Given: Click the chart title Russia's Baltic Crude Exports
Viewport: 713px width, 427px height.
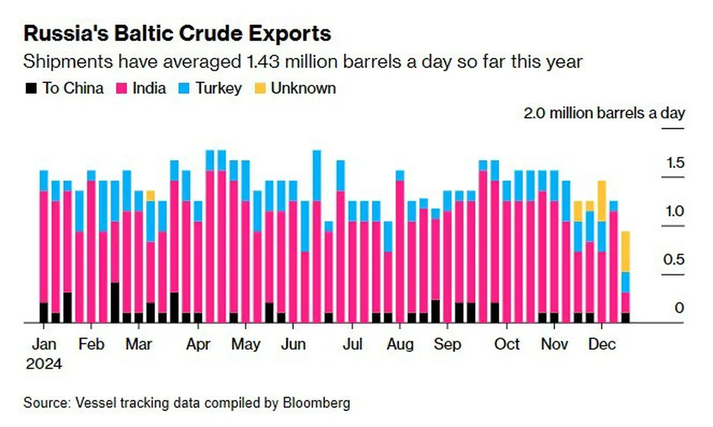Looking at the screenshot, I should pyautogui.click(x=177, y=34).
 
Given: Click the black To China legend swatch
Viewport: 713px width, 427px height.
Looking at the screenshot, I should pyautogui.click(x=31, y=89).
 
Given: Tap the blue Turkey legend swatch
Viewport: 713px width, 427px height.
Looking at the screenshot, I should pyautogui.click(x=184, y=89).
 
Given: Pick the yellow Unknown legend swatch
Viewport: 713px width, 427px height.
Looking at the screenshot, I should pyautogui.click(x=260, y=89).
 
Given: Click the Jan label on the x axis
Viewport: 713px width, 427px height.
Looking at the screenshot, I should pyautogui.click(x=44, y=344).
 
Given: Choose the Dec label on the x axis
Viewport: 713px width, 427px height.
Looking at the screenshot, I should pyautogui.click(x=601, y=344).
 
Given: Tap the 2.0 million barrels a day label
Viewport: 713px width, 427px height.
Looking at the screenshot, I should pyautogui.click(x=604, y=113).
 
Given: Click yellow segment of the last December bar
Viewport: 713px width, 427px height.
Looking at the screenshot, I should pyautogui.click(x=625, y=251).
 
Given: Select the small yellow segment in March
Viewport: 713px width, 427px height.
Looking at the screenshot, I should pyautogui.click(x=150, y=196).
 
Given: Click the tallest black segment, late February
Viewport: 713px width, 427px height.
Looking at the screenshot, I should pyautogui.click(x=115, y=302).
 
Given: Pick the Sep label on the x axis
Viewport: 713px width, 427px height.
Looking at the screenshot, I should pyautogui.click(x=447, y=344).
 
